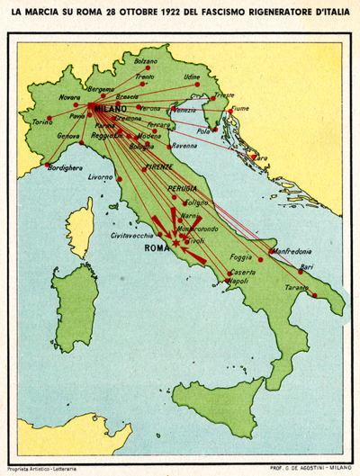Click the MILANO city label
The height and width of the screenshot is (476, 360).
(x=110, y=107)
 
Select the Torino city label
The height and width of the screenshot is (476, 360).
(x=42, y=121)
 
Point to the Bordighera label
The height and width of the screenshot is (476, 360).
(x=65, y=166)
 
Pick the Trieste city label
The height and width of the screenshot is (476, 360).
(x=224, y=94)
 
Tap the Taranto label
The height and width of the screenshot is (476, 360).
(x=296, y=287)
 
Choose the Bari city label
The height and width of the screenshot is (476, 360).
(x=307, y=266)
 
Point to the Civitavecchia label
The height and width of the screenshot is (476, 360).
(x=131, y=235)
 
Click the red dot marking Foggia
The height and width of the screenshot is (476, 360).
(x=261, y=259)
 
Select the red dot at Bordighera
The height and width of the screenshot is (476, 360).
(x=48, y=165)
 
